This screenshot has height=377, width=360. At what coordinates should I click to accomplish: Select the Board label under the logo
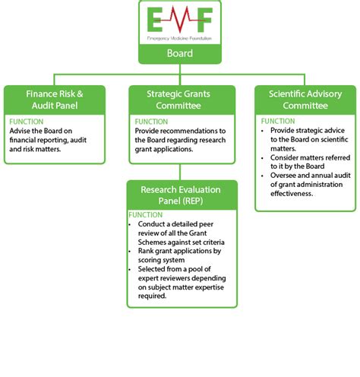(x=179, y=54)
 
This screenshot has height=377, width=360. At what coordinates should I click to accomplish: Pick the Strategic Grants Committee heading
(x=179, y=100)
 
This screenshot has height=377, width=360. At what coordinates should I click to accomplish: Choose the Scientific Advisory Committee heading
(x=305, y=100)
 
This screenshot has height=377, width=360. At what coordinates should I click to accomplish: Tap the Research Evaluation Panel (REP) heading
(x=179, y=195)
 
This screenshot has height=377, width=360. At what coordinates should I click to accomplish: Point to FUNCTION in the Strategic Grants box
(x=151, y=122)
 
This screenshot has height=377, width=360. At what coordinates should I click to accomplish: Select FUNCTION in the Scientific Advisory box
(x=278, y=122)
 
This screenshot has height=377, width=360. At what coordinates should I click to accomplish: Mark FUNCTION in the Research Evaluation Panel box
(x=146, y=215)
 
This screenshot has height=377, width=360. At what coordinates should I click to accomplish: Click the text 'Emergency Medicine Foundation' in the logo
(x=179, y=36)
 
